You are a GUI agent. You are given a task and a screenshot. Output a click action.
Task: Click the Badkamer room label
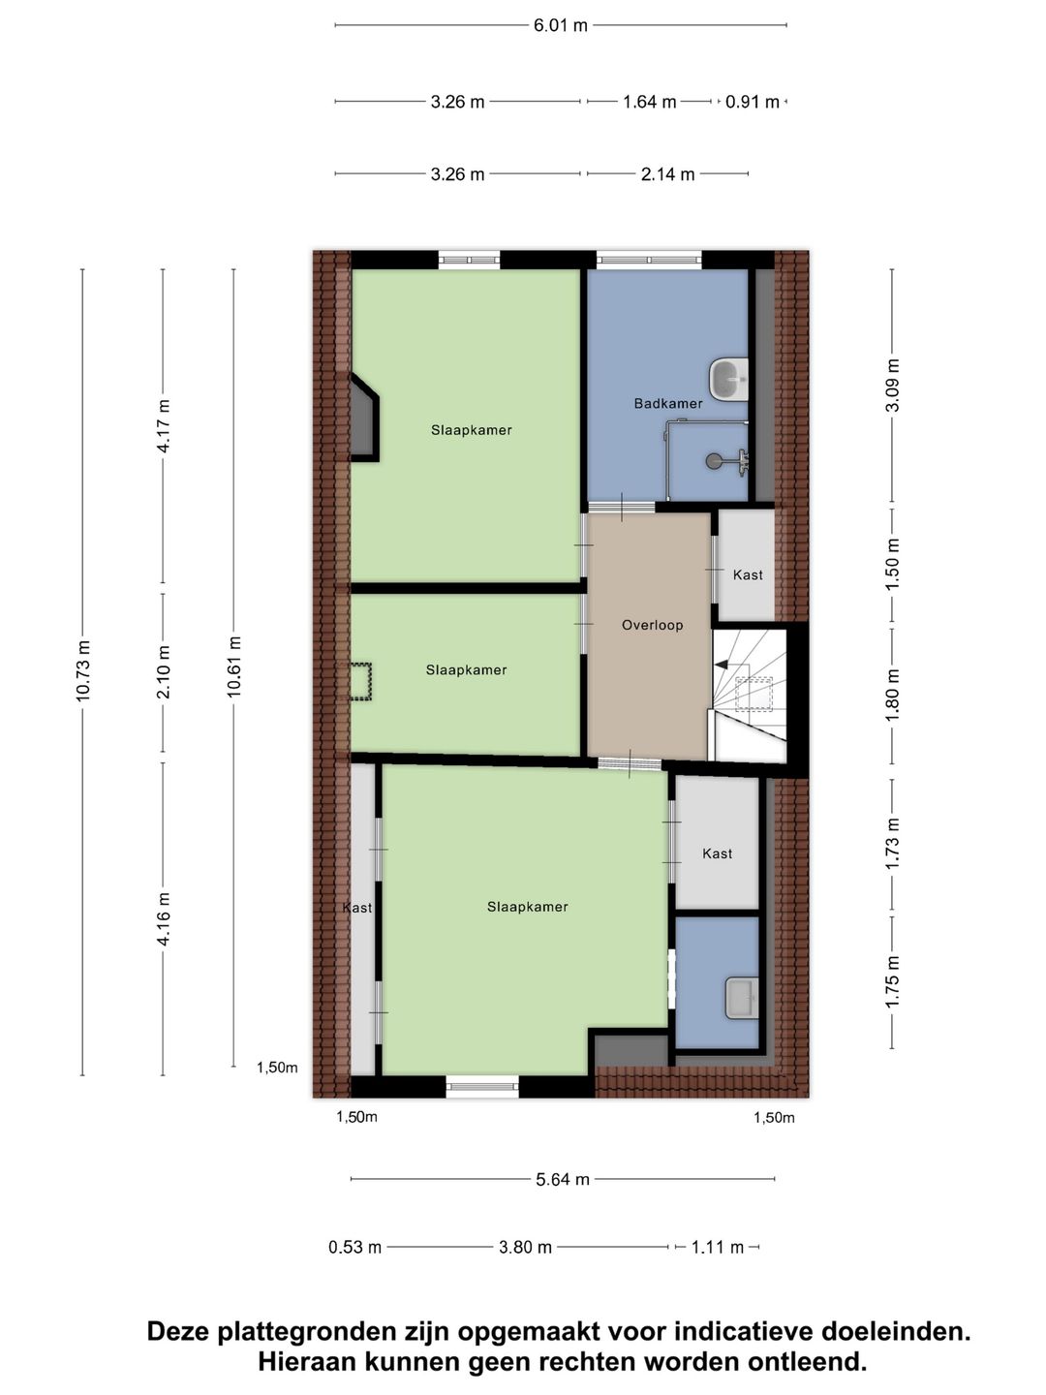[x=668, y=403]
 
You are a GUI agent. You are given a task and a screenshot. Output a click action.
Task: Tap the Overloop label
[x=652, y=625]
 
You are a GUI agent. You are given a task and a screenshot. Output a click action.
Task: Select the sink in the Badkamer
[x=728, y=379]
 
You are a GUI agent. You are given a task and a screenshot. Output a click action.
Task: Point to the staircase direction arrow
[x=723, y=665]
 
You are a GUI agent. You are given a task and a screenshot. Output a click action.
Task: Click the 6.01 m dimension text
[x=560, y=25]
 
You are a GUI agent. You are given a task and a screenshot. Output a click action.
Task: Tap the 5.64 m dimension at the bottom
[x=563, y=1179]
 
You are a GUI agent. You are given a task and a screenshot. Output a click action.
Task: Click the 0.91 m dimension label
[x=753, y=102]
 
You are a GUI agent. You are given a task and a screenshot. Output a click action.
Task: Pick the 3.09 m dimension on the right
[x=893, y=385]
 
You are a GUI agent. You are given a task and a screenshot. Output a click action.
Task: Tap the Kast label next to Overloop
[x=748, y=574]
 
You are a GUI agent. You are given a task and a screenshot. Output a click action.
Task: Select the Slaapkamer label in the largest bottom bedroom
[x=527, y=907]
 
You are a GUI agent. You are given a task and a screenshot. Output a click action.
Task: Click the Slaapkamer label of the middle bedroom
[x=466, y=669]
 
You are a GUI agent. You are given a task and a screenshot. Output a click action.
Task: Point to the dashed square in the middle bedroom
[x=360, y=680]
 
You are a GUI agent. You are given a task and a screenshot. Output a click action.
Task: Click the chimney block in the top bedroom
[x=363, y=418]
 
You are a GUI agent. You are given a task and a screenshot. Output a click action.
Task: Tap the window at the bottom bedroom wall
[x=482, y=1087]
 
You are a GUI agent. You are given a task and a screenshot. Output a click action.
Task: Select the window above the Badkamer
[x=648, y=260]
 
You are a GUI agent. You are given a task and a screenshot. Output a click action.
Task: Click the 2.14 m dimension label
[x=667, y=174]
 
